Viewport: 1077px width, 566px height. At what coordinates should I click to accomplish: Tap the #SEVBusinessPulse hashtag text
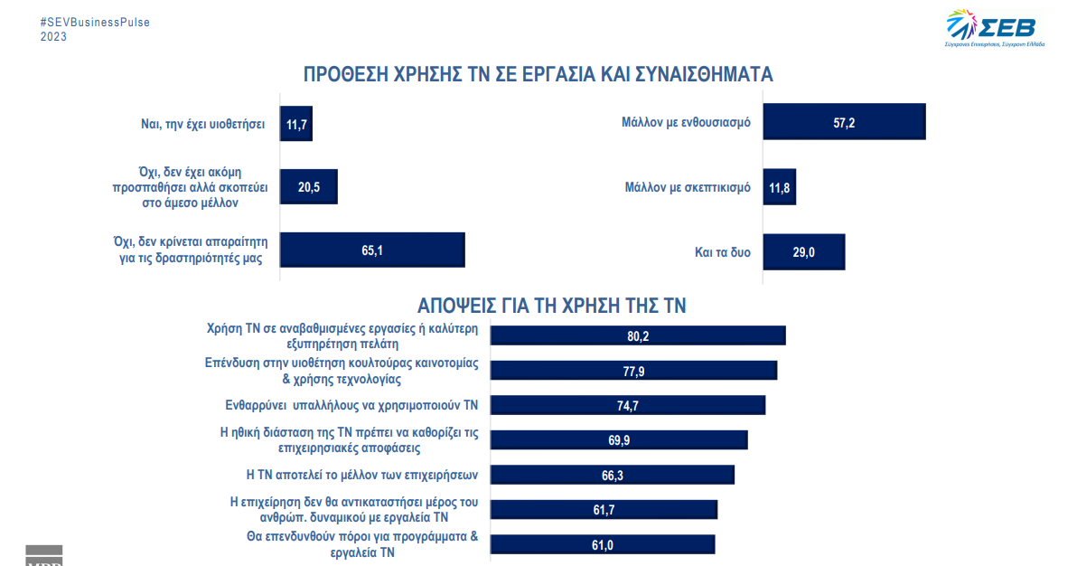click(x=96, y=22)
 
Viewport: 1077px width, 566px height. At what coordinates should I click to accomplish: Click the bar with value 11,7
click(x=296, y=125)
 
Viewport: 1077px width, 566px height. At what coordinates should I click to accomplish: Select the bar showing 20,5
click(x=308, y=188)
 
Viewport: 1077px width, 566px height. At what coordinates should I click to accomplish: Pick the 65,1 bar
click(x=372, y=250)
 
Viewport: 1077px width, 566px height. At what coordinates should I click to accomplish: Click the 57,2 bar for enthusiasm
click(x=844, y=122)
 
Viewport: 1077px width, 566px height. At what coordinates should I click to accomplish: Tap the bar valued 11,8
click(x=779, y=188)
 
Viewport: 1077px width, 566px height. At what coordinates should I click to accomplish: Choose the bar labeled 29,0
click(x=803, y=252)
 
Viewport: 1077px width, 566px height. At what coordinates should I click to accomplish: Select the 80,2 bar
click(x=638, y=335)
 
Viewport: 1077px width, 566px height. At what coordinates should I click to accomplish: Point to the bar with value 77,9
click(x=633, y=371)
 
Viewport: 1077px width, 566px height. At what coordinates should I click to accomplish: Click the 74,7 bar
click(x=628, y=405)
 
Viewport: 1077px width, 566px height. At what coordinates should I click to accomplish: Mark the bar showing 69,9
click(x=619, y=440)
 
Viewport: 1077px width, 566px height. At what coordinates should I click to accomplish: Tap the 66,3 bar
click(x=612, y=475)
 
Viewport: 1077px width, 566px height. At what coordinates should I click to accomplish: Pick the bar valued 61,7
click(x=604, y=510)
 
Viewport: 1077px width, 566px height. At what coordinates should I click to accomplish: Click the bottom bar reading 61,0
click(x=603, y=544)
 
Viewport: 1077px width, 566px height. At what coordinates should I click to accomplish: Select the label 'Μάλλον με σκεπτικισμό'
click(x=688, y=188)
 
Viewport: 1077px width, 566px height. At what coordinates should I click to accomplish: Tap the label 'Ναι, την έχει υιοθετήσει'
click(x=197, y=125)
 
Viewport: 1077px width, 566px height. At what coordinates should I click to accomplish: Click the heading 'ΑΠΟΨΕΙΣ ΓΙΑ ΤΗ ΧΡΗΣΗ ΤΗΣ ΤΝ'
click(x=551, y=306)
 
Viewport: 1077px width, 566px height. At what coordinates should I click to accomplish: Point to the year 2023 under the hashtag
click(x=53, y=37)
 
